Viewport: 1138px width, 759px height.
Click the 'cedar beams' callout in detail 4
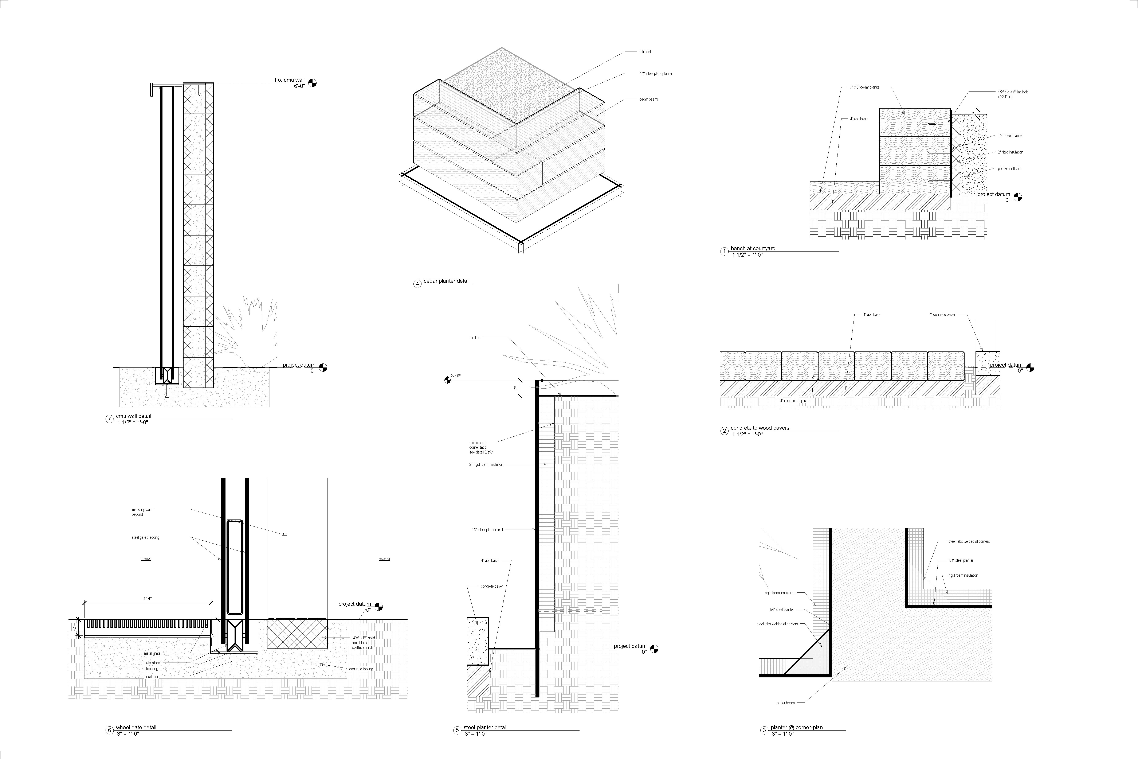click(x=649, y=99)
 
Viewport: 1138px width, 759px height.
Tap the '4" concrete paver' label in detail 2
click(x=942, y=315)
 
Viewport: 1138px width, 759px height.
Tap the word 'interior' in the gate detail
click(x=146, y=558)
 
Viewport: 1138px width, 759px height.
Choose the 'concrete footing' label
click(x=361, y=669)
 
